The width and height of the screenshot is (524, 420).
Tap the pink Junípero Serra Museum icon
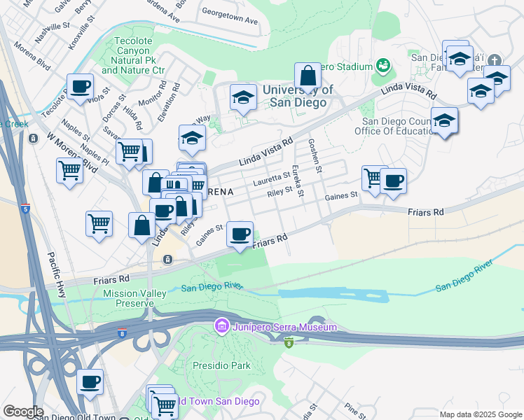(x=222, y=326)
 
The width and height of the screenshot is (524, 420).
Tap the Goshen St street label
(x=315, y=156)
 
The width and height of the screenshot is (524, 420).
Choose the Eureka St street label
(x=298, y=181)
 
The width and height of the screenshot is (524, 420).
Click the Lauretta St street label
(x=272, y=179)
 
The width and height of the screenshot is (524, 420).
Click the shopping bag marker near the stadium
(x=308, y=74)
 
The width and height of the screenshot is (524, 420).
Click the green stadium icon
(x=383, y=66)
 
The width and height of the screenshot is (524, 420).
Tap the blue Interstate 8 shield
(x=122, y=335)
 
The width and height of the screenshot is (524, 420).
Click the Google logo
(x=23, y=412)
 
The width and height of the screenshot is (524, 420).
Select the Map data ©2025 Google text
(x=480, y=414)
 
